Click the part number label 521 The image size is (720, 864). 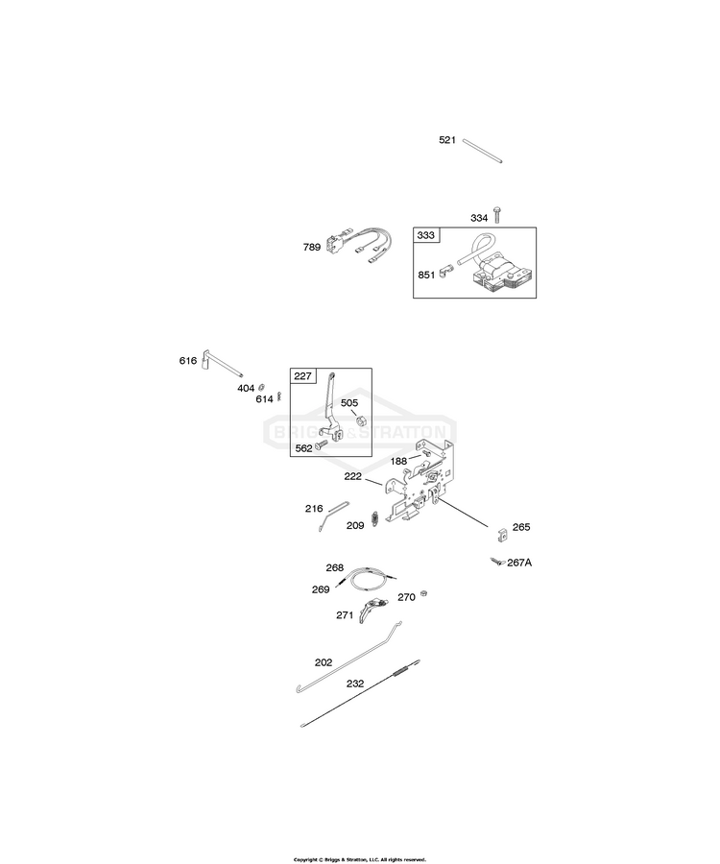(447, 140)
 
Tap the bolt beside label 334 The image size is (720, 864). (497, 214)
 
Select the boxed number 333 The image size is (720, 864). (426, 235)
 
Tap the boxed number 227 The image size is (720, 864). (303, 376)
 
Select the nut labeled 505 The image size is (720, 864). (361, 420)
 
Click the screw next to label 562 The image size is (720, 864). (321, 443)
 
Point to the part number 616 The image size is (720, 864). (188, 361)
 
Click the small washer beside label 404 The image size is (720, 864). (262, 385)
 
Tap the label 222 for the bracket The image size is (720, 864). (352, 476)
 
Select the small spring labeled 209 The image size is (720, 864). (375, 518)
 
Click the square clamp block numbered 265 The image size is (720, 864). (502, 533)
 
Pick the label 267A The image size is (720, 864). (519, 563)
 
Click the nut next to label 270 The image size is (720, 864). (423, 593)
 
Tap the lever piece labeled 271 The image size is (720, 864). (372, 609)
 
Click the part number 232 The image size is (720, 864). (355, 684)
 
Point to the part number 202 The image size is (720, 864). (324, 662)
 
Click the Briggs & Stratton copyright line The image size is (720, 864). (360, 859)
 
